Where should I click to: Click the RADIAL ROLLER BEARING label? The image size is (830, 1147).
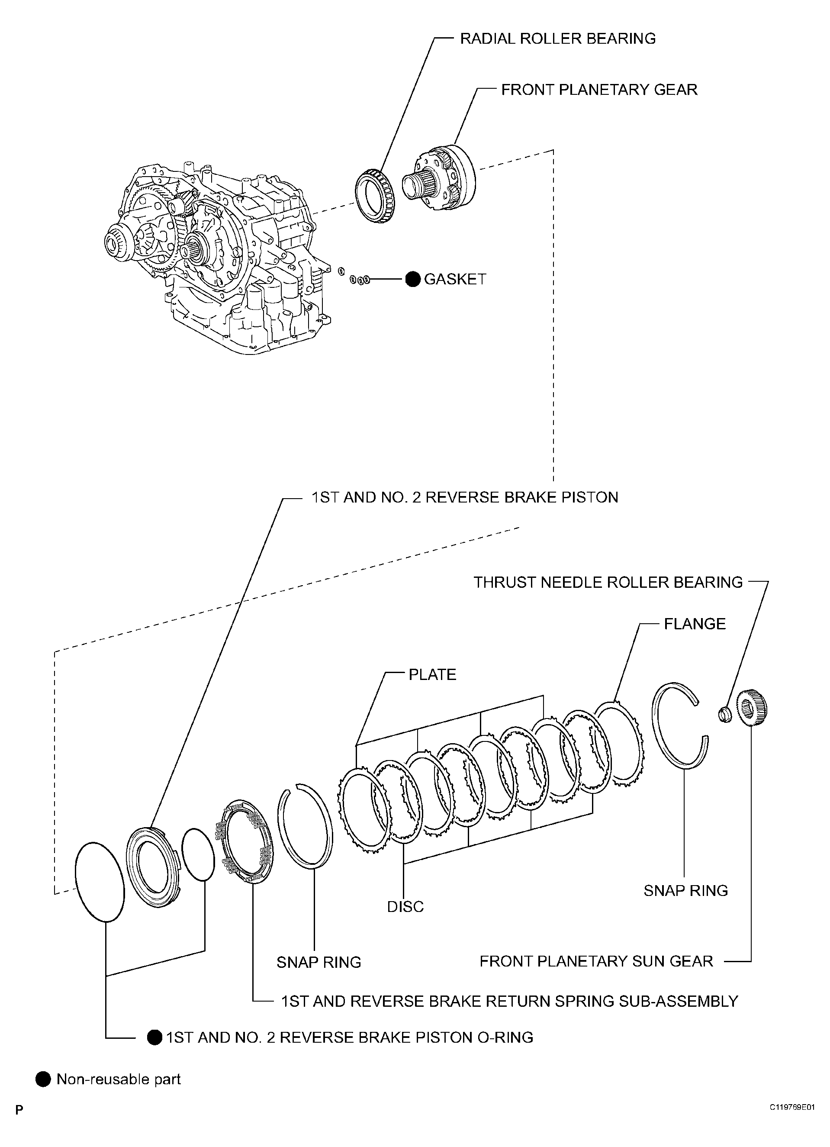[557, 39]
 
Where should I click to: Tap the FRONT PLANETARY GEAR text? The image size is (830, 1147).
[598, 90]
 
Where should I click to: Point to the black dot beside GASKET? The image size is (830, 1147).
[413, 279]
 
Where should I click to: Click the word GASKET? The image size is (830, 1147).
[455, 279]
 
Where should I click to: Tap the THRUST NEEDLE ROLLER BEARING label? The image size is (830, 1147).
[608, 582]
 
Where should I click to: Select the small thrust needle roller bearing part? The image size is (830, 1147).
[724, 714]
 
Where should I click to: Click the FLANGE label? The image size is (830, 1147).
[694, 624]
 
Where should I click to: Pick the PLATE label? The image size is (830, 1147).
[432, 674]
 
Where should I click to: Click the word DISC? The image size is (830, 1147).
[405, 907]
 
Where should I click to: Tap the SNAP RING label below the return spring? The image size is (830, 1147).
[318, 962]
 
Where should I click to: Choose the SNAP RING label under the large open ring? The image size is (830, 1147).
[685, 890]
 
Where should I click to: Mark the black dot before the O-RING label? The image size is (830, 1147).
[154, 1037]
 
